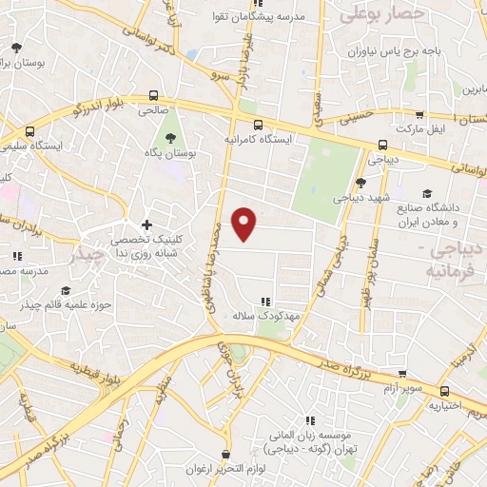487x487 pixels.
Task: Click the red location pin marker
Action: tap(244, 223)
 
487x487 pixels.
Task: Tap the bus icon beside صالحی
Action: tap(153, 95)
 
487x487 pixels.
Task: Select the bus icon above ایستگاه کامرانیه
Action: tap(257, 124)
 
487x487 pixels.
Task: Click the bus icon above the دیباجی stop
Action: tap(382, 146)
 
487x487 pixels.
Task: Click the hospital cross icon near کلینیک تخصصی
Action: tap(146, 224)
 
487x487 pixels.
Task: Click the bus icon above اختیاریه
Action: tap(444, 390)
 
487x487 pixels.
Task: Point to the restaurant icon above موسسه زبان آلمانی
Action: tap(311, 419)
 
